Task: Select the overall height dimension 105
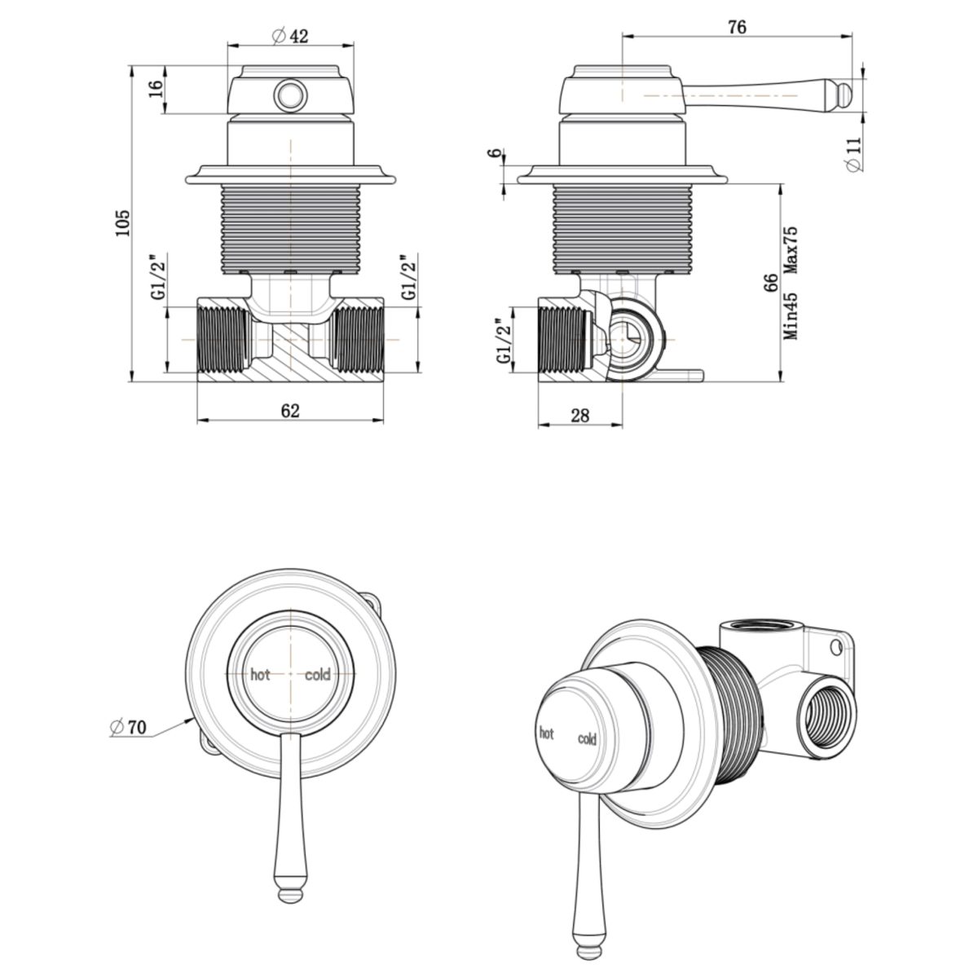tap(122, 222)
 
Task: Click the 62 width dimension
tap(290, 410)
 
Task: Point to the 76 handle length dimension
tap(736, 26)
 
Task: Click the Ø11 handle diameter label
tap(853, 154)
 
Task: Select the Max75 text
tap(790, 250)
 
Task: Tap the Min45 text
tap(790, 316)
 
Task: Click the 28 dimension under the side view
tap(579, 415)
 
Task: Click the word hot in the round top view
tap(260, 675)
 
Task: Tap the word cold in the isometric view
tap(587, 739)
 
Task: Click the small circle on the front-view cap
tap(290, 96)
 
